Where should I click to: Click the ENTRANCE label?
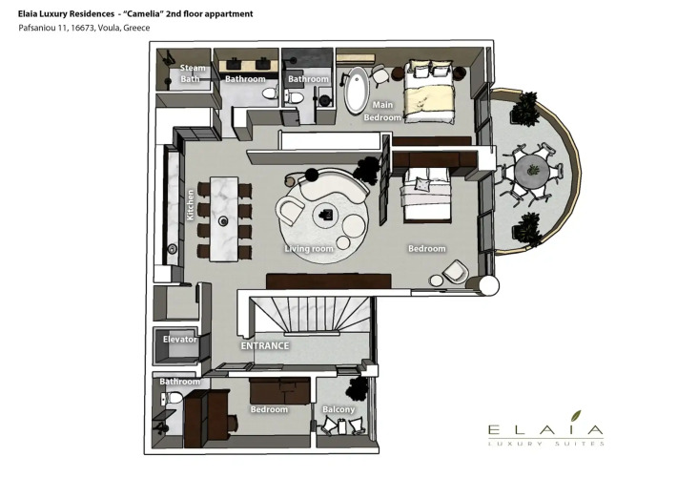coord(265,345)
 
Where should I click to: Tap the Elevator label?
coord(180,340)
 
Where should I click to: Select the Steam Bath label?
coord(193,73)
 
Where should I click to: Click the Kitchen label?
coord(191,205)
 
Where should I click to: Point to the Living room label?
coord(309,249)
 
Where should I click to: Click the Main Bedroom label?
coord(382,111)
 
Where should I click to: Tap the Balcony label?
coord(339,409)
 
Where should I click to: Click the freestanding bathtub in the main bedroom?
coord(357,91)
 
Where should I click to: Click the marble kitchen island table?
coord(224,218)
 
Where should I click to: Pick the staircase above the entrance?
coord(310,315)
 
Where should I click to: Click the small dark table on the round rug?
coord(326,216)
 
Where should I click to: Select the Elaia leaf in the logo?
coord(576,416)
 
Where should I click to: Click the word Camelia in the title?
coord(142,13)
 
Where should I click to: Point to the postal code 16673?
coord(82,28)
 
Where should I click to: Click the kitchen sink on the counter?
coord(172,249)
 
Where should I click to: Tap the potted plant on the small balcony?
coord(357,388)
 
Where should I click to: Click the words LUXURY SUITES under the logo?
coord(545,444)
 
